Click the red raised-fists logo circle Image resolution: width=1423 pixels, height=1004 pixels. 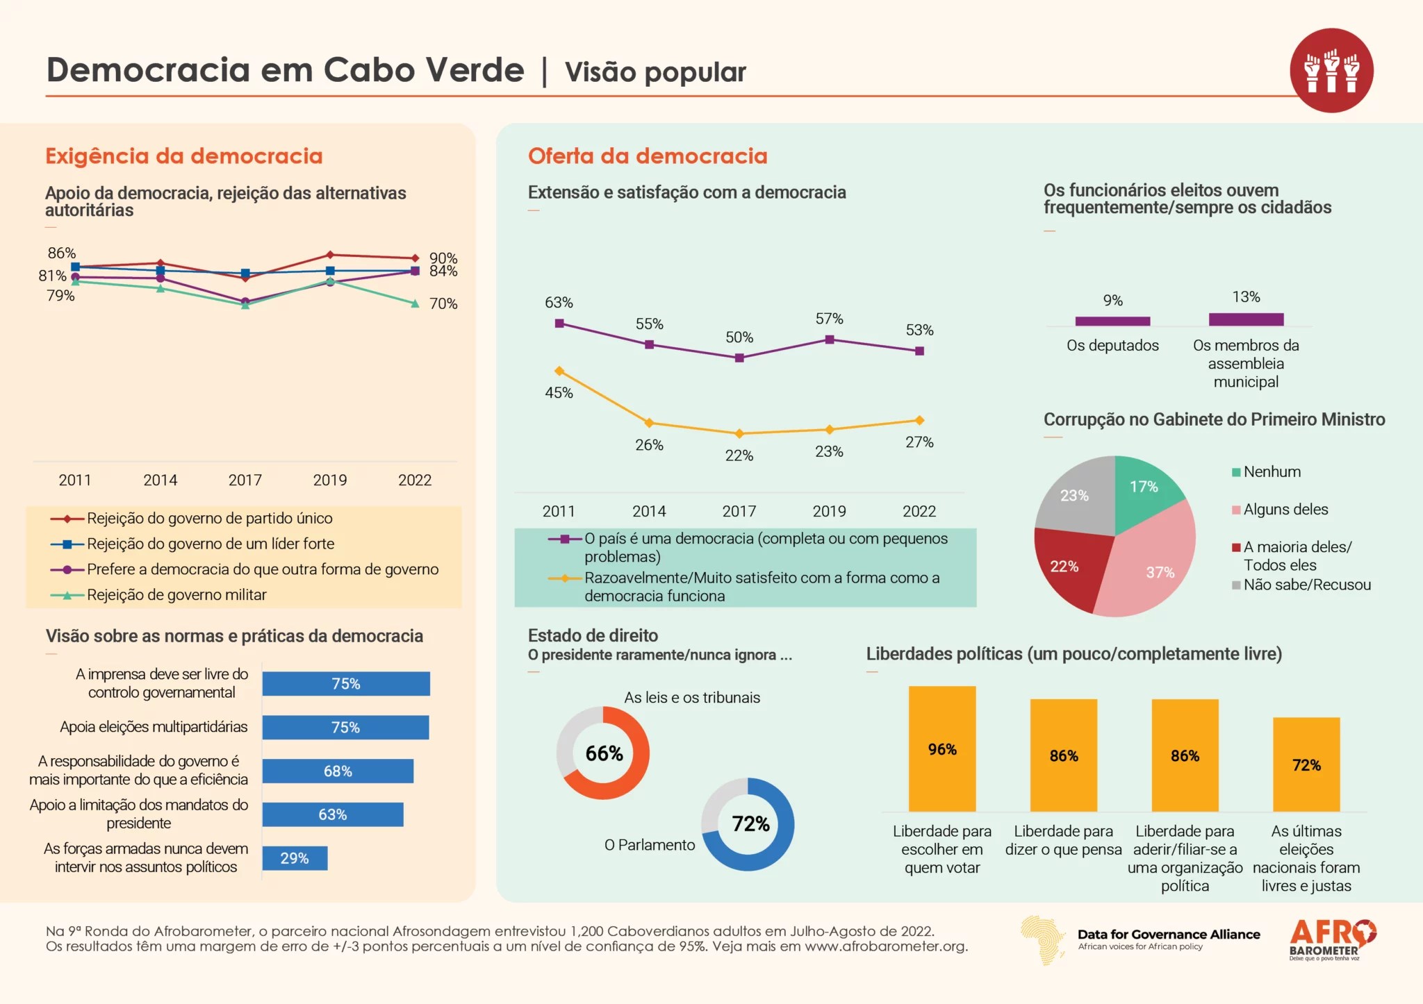(1331, 70)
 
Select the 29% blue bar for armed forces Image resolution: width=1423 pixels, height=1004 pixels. (295, 858)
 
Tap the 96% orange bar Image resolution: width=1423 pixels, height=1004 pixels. (942, 748)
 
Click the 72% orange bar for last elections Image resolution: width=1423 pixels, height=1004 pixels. (1306, 764)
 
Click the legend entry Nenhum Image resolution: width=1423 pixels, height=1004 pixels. (1272, 472)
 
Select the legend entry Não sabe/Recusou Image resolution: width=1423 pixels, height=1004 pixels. (1306, 585)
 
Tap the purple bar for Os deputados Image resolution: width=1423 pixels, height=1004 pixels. (1112, 321)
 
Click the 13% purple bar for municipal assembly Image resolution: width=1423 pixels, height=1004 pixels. (1246, 319)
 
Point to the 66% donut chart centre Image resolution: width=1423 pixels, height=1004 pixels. (603, 753)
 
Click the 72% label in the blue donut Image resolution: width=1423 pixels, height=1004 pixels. (750, 824)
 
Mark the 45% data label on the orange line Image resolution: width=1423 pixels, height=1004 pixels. (559, 393)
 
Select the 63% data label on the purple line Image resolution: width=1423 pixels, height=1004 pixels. (559, 303)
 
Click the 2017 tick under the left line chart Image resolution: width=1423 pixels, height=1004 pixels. (245, 480)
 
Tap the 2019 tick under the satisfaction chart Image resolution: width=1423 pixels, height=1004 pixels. (829, 511)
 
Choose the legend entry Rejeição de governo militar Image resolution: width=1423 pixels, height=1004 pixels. (176, 595)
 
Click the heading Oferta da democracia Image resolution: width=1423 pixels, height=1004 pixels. (648, 156)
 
